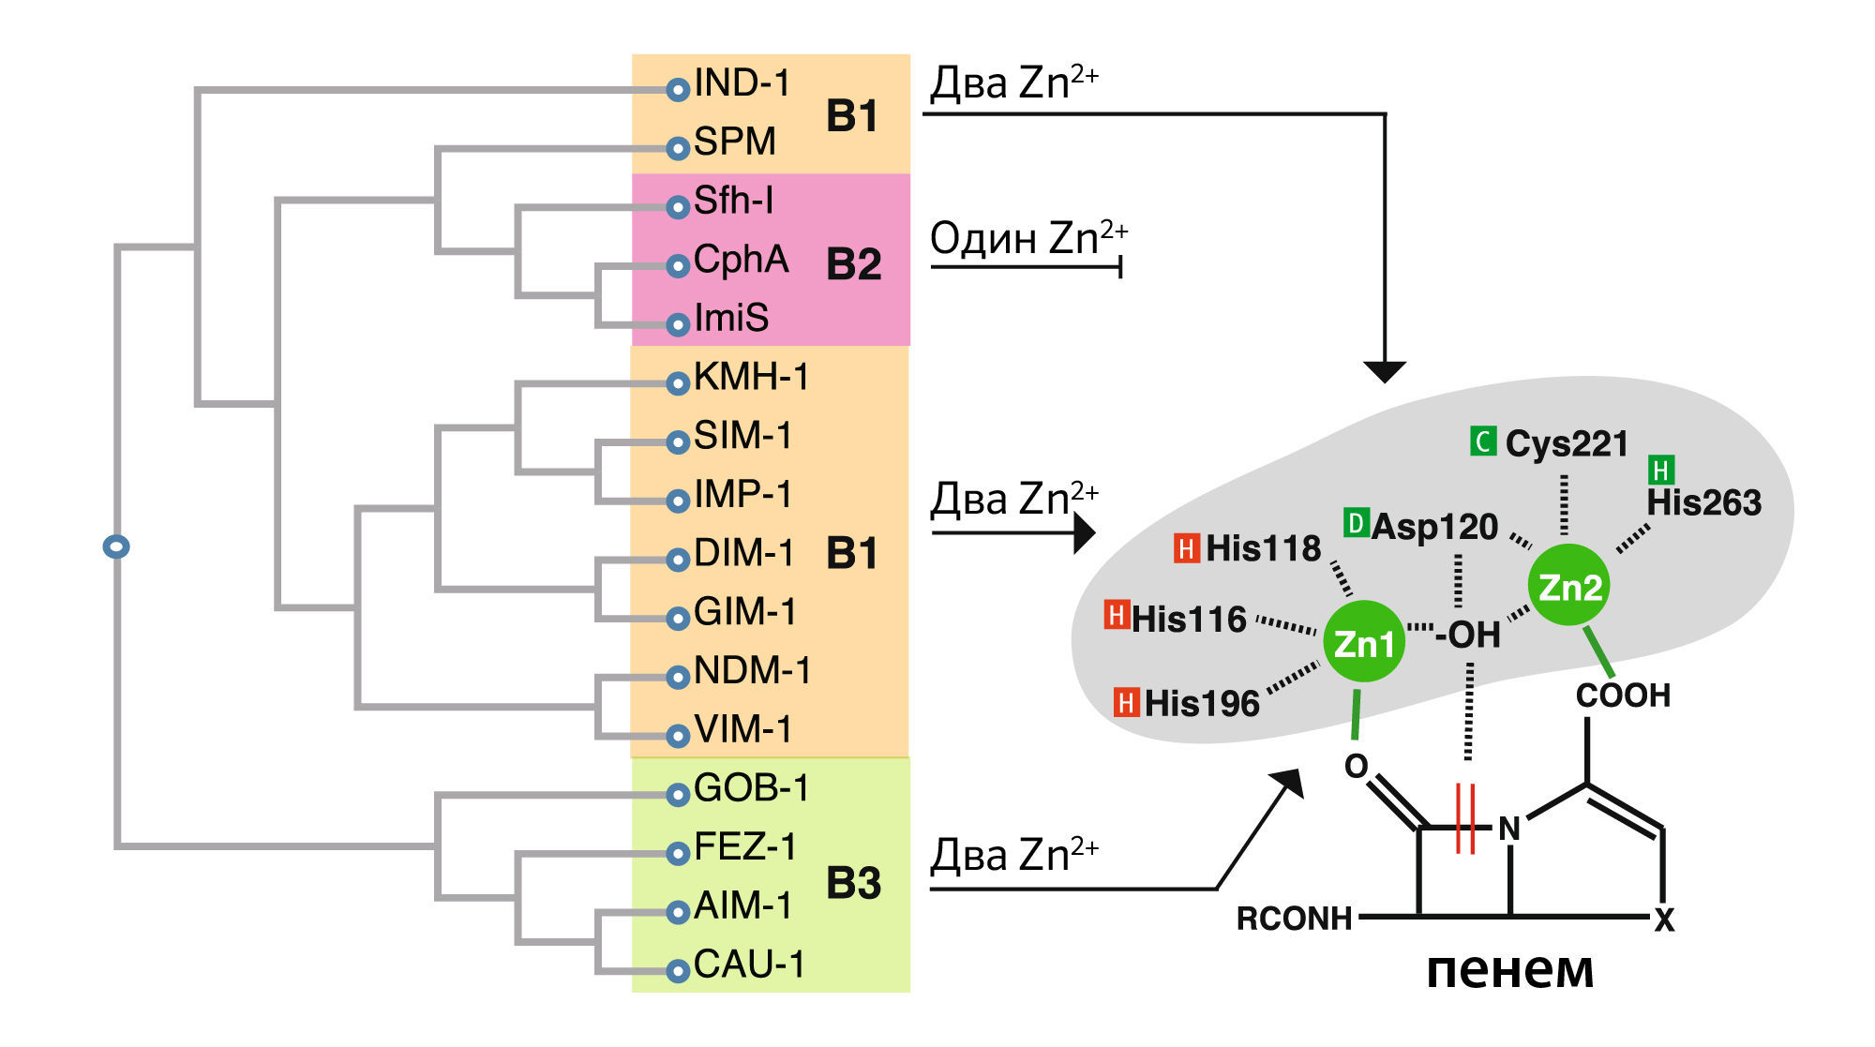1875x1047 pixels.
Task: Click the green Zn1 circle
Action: tap(1363, 643)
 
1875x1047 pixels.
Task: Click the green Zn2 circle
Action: tap(1568, 587)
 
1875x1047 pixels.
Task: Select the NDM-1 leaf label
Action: tap(752, 671)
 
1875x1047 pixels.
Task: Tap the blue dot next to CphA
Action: tap(678, 266)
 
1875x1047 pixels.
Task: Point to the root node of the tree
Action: tap(116, 546)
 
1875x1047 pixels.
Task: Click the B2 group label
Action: tap(853, 264)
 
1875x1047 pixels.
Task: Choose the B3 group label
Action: tap(853, 883)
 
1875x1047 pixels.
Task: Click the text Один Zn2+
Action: tap(1027, 238)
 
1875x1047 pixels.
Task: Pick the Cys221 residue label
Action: tap(1567, 443)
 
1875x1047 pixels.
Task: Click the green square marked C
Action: tap(1483, 441)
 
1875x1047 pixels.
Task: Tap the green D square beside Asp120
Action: tap(1356, 523)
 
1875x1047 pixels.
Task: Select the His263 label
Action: tap(1703, 503)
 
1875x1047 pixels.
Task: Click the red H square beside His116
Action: tap(1116, 615)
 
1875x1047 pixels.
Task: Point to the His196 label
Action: tap(1202, 703)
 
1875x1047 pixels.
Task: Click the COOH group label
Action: tap(1623, 696)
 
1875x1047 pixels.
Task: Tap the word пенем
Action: tap(1509, 970)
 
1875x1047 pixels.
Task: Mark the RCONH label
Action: tap(1294, 919)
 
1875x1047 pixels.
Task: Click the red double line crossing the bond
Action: tap(1465, 818)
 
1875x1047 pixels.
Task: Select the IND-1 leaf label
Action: tap(742, 83)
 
